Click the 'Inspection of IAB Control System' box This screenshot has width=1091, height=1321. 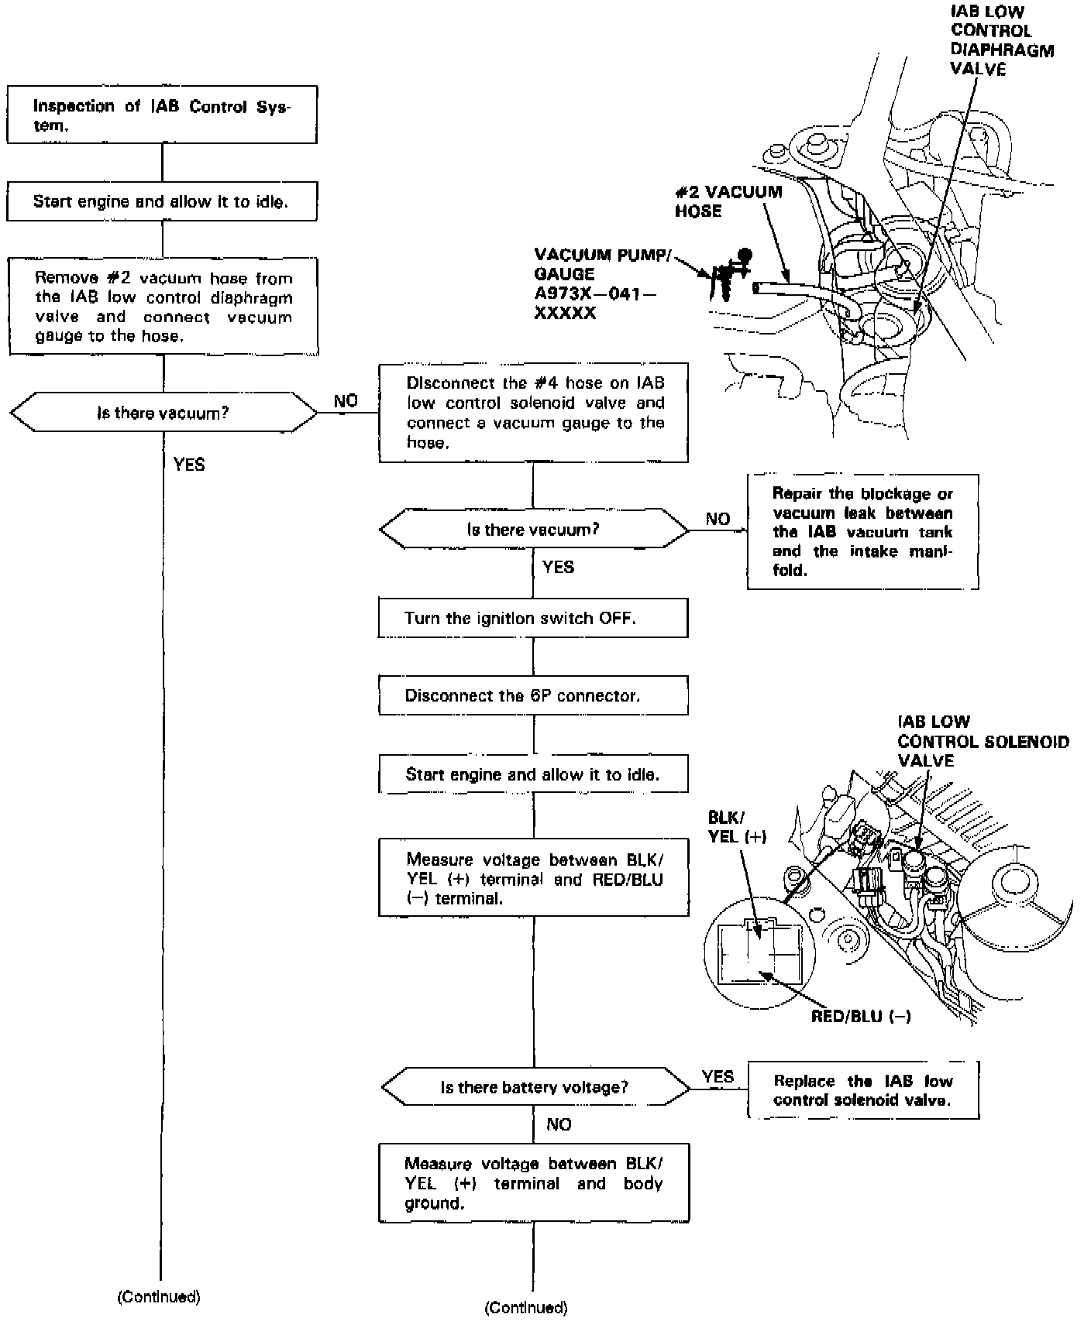pyautogui.click(x=162, y=115)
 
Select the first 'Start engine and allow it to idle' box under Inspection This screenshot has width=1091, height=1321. pyautogui.click(x=162, y=202)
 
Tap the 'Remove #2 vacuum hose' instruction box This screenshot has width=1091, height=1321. pyautogui.click(x=163, y=307)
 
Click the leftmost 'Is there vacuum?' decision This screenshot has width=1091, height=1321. pyautogui.click(x=163, y=413)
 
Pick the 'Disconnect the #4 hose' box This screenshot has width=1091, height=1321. pyautogui.click(x=533, y=413)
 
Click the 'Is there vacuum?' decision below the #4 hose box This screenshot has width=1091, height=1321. pyautogui.click(x=533, y=530)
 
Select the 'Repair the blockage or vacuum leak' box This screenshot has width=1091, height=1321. pyautogui.click(x=862, y=532)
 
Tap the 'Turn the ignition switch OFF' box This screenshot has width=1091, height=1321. pyautogui.click(x=533, y=618)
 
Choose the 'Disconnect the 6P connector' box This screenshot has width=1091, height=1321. pyautogui.click(x=533, y=695)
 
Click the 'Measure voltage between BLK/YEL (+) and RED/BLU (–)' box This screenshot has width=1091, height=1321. pyautogui.click(x=533, y=878)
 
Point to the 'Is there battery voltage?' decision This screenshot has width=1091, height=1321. pyautogui.click(x=535, y=1087)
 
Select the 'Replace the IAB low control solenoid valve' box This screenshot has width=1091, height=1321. pyautogui.click(x=862, y=1090)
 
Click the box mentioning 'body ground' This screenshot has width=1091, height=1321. pyautogui.click(x=534, y=1183)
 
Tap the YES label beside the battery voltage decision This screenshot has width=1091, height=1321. pyautogui.click(x=718, y=1076)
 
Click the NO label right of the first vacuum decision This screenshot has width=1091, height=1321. pyautogui.click(x=346, y=401)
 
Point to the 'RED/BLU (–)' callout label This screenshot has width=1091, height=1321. pyautogui.click(x=861, y=1016)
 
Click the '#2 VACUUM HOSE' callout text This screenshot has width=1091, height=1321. pyautogui.click(x=728, y=201)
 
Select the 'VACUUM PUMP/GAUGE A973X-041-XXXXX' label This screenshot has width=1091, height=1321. pyautogui.click(x=601, y=284)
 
